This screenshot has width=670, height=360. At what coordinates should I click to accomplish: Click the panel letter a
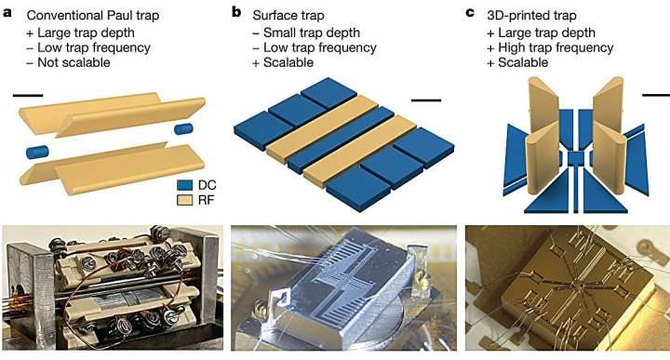tap(8, 15)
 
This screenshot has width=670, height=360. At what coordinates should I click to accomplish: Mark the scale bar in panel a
tap(28, 93)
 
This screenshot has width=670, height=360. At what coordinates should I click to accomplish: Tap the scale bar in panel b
tap(425, 98)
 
